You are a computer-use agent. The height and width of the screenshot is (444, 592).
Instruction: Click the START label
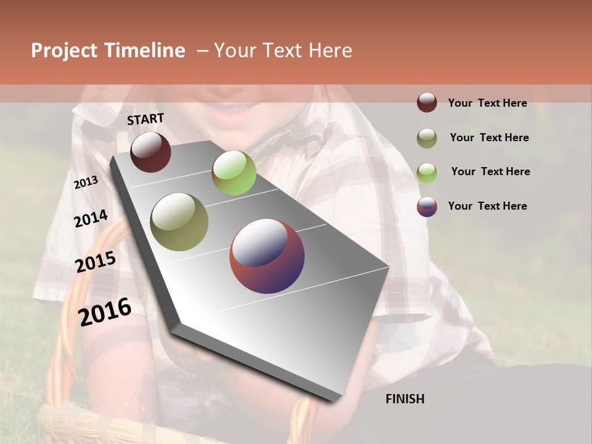pyautogui.click(x=146, y=119)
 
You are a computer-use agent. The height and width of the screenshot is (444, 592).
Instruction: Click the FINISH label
pyautogui.click(x=405, y=399)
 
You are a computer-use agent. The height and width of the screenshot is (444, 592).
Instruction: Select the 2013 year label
pyautogui.click(x=86, y=183)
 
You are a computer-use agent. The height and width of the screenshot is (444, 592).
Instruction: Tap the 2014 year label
pyautogui.click(x=91, y=219)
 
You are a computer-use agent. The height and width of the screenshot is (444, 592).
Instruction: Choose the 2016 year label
pyautogui.click(x=105, y=312)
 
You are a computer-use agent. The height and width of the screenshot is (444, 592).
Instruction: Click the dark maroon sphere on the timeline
pyautogui.click(x=150, y=152)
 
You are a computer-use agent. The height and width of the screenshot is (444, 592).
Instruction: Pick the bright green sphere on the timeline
pyautogui.click(x=234, y=173)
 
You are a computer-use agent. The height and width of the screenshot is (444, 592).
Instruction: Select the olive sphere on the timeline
pyautogui.click(x=179, y=222)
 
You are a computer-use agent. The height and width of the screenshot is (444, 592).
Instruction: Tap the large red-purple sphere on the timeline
pyautogui.click(x=267, y=256)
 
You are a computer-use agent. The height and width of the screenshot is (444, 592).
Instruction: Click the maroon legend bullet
pyautogui.click(x=427, y=102)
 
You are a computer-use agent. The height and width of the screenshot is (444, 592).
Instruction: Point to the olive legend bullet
pyautogui.click(x=427, y=138)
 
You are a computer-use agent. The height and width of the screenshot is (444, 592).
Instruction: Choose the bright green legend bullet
pyautogui.click(x=427, y=173)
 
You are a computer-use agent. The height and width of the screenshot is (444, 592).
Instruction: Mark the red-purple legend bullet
pyautogui.click(x=427, y=207)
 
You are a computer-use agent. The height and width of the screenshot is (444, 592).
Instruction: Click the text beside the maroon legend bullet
pyautogui.click(x=487, y=103)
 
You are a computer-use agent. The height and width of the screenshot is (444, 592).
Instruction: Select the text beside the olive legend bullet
pyautogui.click(x=489, y=138)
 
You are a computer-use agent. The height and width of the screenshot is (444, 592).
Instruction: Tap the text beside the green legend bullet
pyautogui.click(x=490, y=171)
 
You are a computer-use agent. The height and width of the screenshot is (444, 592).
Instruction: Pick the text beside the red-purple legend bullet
pyautogui.click(x=487, y=206)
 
